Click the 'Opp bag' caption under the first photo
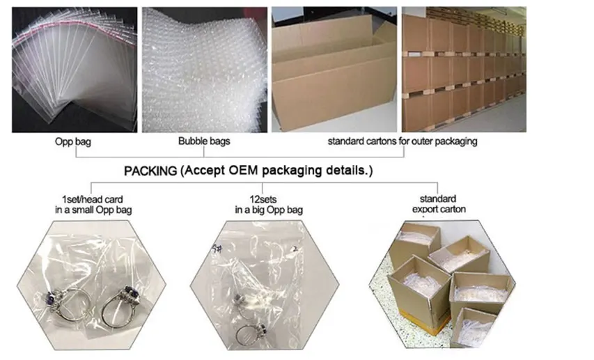coord(74,141)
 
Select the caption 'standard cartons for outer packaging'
coord(402,141)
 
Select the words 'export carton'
coord(438,209)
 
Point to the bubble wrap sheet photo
coord(204,70)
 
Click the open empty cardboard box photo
coord(335,70)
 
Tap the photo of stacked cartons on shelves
coord(464,70)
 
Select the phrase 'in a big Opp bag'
coord(269,210)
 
